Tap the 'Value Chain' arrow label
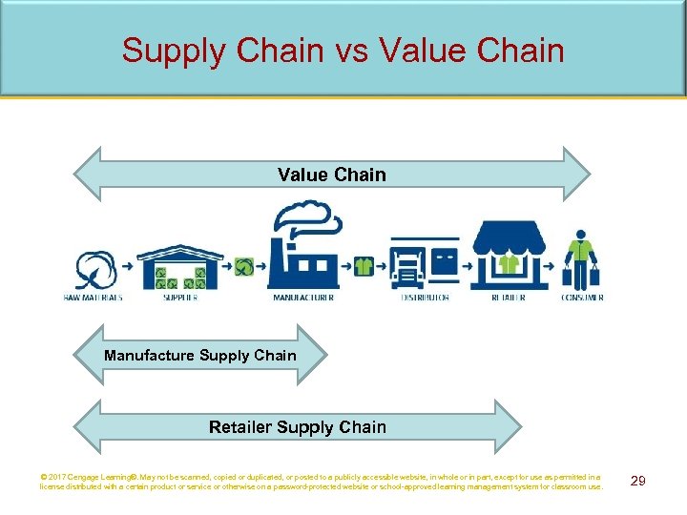[332, 175]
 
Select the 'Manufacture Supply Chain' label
[200, 356]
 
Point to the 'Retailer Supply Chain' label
[298, 426]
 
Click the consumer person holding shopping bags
[580, 259]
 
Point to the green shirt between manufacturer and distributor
[364, 266]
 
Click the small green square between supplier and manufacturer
[244, 267]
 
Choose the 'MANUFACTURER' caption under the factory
[303, 298]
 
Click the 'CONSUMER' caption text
[581, 298]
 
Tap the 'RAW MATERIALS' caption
[93, 298]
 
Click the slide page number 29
[638, 481]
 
